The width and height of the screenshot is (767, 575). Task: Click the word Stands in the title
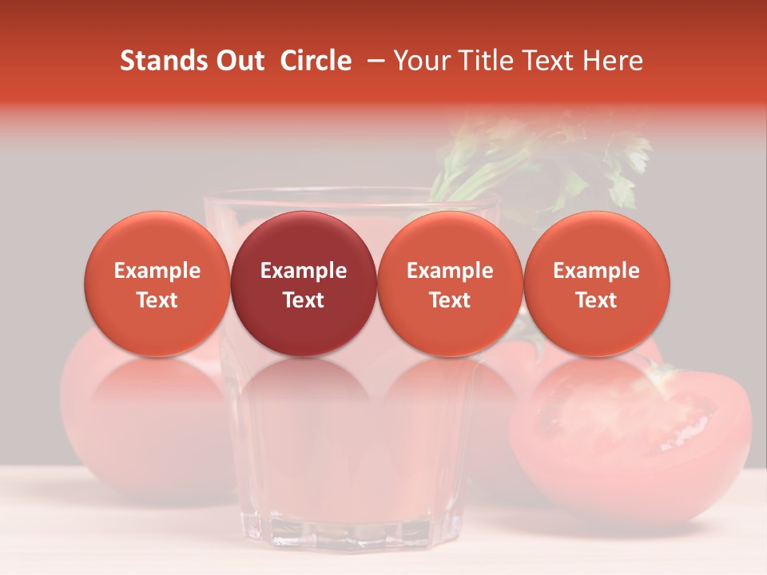pyautogui.click(x=162, y=61)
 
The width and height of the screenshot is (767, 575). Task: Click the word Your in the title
pyautogui.click(x=420, y=61)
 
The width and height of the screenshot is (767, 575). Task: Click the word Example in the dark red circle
pyautogui.click(x=304, y=271)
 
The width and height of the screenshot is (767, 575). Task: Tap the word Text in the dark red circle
pyautogui.click(x=304, y=300)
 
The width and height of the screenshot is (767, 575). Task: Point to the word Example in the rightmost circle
pyautogui.click(x=596, y=271)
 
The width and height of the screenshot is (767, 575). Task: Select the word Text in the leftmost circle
pyautogui.click(x=157, y=300)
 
